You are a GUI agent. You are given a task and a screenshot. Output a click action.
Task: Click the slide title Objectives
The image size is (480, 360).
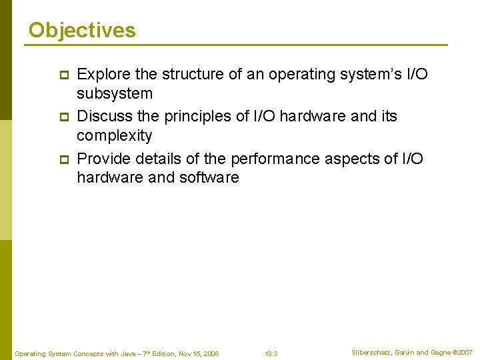tap(82, 30)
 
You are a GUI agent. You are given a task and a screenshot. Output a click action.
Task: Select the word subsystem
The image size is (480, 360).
tap(115, 93)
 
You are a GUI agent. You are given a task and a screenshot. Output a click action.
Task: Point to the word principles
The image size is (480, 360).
tap(199, 116)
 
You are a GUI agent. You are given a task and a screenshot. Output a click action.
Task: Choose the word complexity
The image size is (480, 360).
tap(114, 136)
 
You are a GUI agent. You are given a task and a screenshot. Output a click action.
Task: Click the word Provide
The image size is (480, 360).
tap(104, 158)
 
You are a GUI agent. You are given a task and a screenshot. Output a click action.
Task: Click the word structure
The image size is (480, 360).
tap(193, 74)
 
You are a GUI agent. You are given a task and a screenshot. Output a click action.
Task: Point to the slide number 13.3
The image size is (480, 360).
tap(271, 353)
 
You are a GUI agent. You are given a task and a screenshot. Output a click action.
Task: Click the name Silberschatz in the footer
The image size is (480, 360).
tap(371, 352)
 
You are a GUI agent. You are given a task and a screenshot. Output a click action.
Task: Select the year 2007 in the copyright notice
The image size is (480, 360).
tap(465, 352)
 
